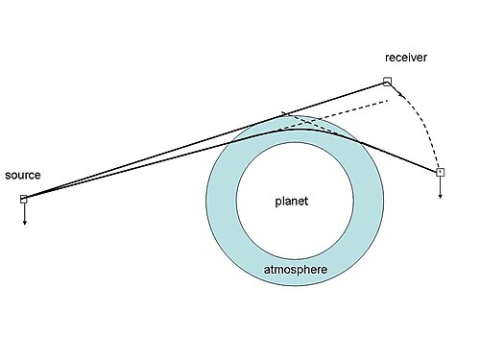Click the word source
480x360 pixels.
point(23,176)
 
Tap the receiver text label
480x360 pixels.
point(406,58)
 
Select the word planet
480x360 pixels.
point(292,202)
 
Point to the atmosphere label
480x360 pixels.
point(296,270)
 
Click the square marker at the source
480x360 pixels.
point(24,199)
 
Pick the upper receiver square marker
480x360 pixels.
point(387,82)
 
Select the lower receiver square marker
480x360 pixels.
point(441,172)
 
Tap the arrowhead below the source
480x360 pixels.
point(24,223)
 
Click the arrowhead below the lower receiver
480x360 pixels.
point(441,196)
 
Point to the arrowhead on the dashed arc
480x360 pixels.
point(400,93)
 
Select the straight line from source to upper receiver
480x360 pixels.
point(205,140)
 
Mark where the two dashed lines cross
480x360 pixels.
point(308,122)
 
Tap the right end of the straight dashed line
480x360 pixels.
point(387,101)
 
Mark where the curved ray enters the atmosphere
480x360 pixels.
point(231,143)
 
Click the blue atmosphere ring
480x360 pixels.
point(221,201)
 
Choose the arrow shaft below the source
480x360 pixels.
point(24,212)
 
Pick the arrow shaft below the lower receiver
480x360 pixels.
point(441,185)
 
